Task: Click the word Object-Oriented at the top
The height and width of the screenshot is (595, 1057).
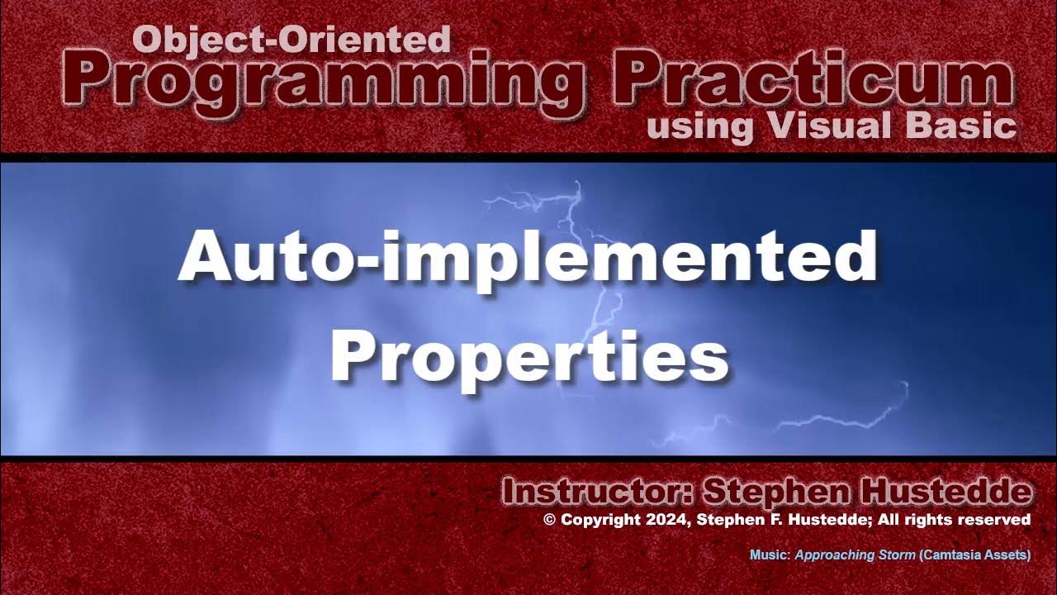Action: (291, 39)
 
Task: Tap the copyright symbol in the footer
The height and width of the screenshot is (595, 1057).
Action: (550, 520)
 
